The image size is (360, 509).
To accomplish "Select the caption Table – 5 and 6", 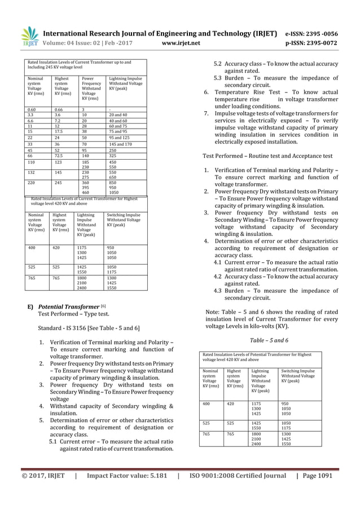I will (269, 340).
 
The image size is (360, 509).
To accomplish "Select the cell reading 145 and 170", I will (120, 144).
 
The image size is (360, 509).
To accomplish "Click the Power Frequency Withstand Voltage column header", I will (91, 89).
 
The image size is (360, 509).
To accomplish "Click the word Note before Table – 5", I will (212, 312).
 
